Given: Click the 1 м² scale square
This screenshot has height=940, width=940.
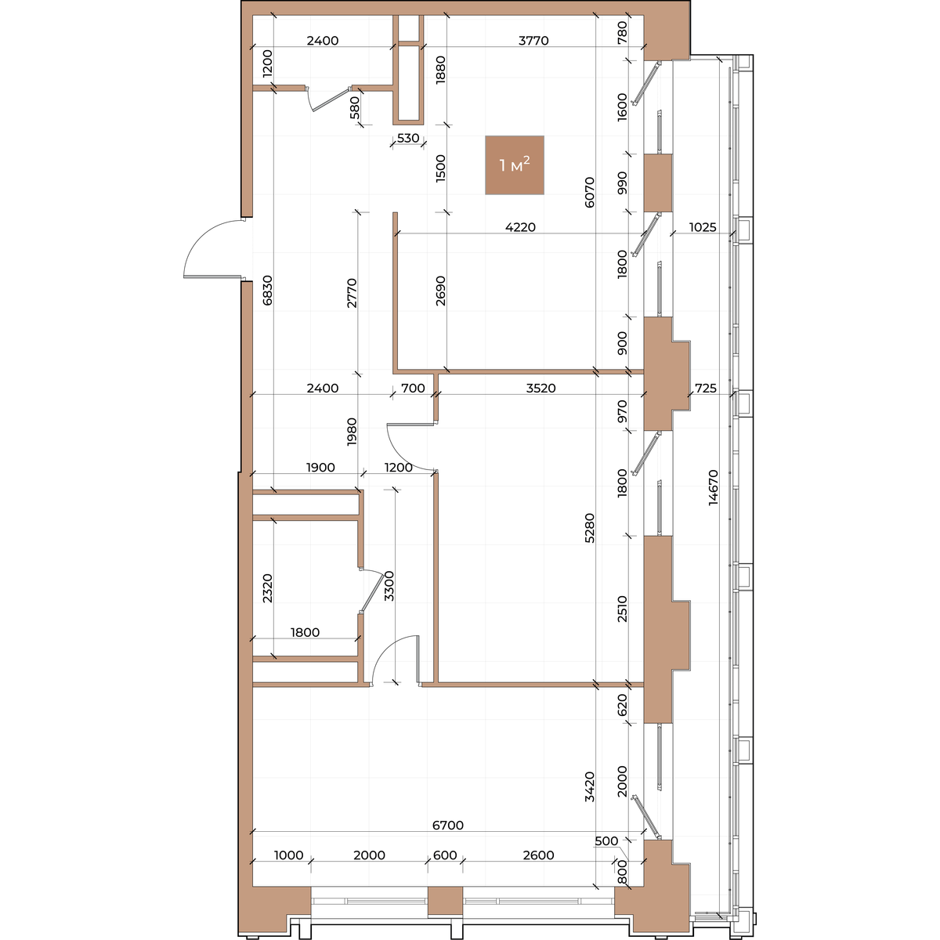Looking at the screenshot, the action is pyautogui.click(x=514, y=164).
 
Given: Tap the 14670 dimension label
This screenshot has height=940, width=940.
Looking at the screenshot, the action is pyautogui.click(x=713, y=486).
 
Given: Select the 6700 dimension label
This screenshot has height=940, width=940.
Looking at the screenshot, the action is pyautogui.click(x=448, y=825).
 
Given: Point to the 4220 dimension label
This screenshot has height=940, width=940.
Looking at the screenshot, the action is pyautogui.click(x=520, y=227).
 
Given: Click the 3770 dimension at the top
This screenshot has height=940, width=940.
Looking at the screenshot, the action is pyautogui.click(x=533, y=41).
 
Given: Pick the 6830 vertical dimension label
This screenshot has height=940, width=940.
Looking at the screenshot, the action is pyautogui.click(x=267, y=291).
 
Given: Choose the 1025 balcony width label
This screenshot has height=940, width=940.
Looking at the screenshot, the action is pyautogui.click(x=703, y=227).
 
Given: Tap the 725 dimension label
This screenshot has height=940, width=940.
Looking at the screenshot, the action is pyautogui.click(x=705, y=388).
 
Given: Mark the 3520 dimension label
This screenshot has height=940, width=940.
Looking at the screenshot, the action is pyautogui.click(x=541, y=388).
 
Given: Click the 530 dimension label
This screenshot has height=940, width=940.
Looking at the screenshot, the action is pyautogui.click(x=408, y=138).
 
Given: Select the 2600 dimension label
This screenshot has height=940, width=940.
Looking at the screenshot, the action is pyautogui.click(x=538, y=855).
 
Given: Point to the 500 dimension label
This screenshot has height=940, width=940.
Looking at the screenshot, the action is pyautogui.click(x=606, y=841).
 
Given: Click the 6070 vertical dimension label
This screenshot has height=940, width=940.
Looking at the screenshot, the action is pyautogui.click(x=590, y=192).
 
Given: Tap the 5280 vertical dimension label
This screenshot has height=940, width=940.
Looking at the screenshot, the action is pyautogui.click(x=590, y=528).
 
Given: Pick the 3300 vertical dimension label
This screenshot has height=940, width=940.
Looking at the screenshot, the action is pyautogui.click(x=389, y=586).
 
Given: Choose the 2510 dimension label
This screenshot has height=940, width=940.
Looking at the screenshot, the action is pyautogui.click(x=622, y=609).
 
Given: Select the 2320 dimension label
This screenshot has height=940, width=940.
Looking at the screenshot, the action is pyautogui.click(x=267, y=588).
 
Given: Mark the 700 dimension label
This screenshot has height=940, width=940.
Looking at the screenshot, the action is pyautogui.click(x=413, y=388).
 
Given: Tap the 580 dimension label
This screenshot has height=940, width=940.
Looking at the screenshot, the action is pyautogui.click(x=355, y=107).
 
